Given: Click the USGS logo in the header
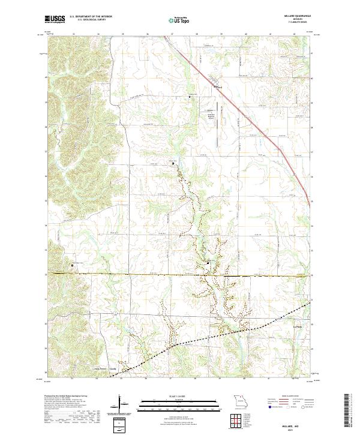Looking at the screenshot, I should tap(55, 20).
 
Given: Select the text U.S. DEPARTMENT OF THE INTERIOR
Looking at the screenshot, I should tap(91, 17).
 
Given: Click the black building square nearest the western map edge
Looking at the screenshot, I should tap(73, 265).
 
